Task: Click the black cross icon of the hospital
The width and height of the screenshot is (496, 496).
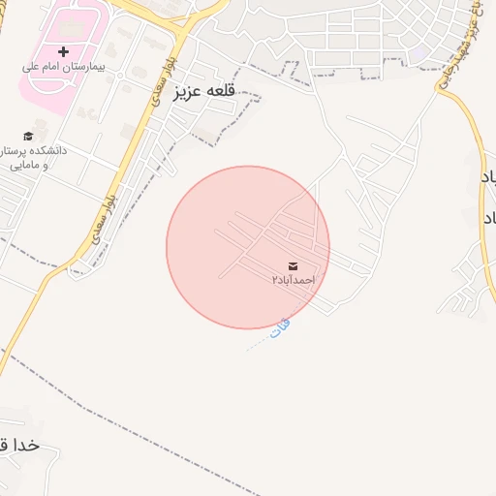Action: point(64,50)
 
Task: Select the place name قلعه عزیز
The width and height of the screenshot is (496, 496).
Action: point(205,93)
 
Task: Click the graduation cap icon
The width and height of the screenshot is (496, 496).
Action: point(28,136)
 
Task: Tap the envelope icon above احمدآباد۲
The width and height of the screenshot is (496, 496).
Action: point(293,265)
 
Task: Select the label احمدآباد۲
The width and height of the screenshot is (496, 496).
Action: point(293,280)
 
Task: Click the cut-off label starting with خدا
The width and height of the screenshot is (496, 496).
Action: point(19,446)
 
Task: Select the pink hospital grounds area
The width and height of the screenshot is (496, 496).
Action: point(44,87)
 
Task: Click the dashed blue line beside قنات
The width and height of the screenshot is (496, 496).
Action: point(258,343)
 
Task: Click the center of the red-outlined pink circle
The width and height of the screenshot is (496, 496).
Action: point(248,247)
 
